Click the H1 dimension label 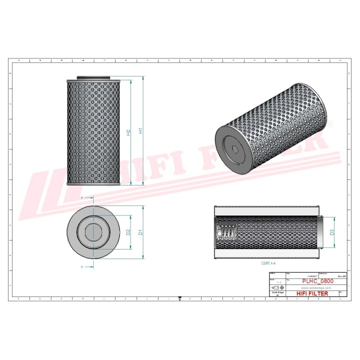click(x=141, y=131)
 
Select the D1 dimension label click(x=141, y=232)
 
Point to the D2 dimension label click(x=128, y=232)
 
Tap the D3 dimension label click(x=331, y=232)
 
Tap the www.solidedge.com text click(x=314, y=288)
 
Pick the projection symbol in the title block click(x=277, y=288)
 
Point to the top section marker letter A click(x=82, y=198)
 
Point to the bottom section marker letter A click(x=82, y=267)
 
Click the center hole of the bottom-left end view click(x=93, y=232)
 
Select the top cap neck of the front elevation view click(x=93, y=78)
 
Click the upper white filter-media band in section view click(x=267, y=210)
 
